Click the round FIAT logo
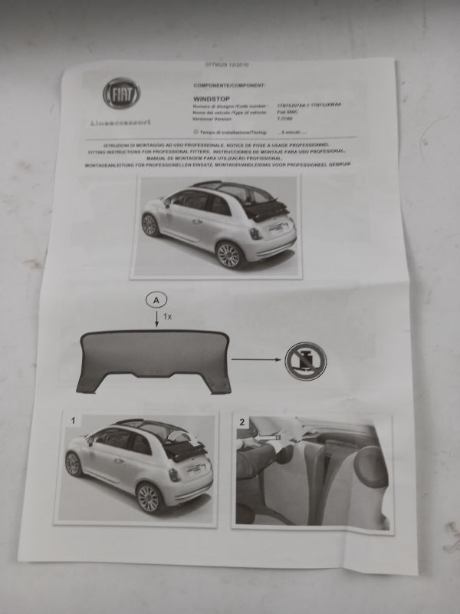tap(122, 93)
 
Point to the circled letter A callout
tap(156, 301)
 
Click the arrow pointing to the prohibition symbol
tap(255, 358)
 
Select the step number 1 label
tap(73, 421)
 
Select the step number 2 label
tap(242, 422)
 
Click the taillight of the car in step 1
tap(175, 474)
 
